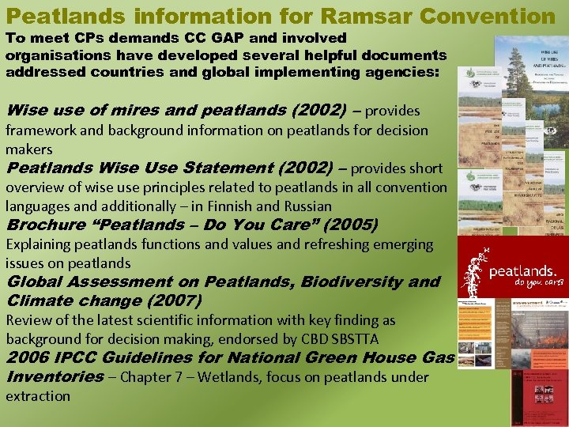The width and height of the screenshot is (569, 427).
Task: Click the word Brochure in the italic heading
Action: coord(43,225)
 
